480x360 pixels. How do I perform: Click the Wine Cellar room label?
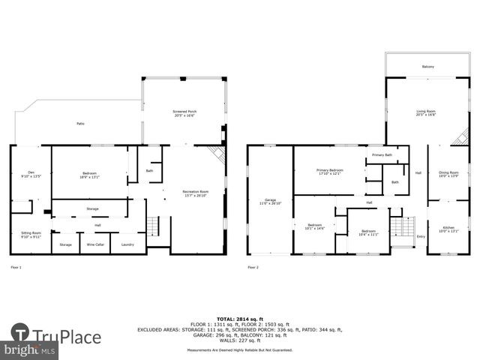click(x=96, y=244)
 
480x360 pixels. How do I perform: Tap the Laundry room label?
click(x=127, y=244)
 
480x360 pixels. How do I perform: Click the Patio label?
click(x=79, y=124)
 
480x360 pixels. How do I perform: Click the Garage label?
click(x=263, y=201)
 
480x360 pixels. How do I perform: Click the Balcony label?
click(x=427, y=67)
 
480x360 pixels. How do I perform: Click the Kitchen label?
click(x=448, y=229)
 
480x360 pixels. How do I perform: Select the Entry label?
click(x=420, y=236)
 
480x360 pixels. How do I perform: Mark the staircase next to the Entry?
click(x=403, y=226)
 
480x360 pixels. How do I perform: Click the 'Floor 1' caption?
click(x=16, y=267)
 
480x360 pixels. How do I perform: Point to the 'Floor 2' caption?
click(x=253, y=267)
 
